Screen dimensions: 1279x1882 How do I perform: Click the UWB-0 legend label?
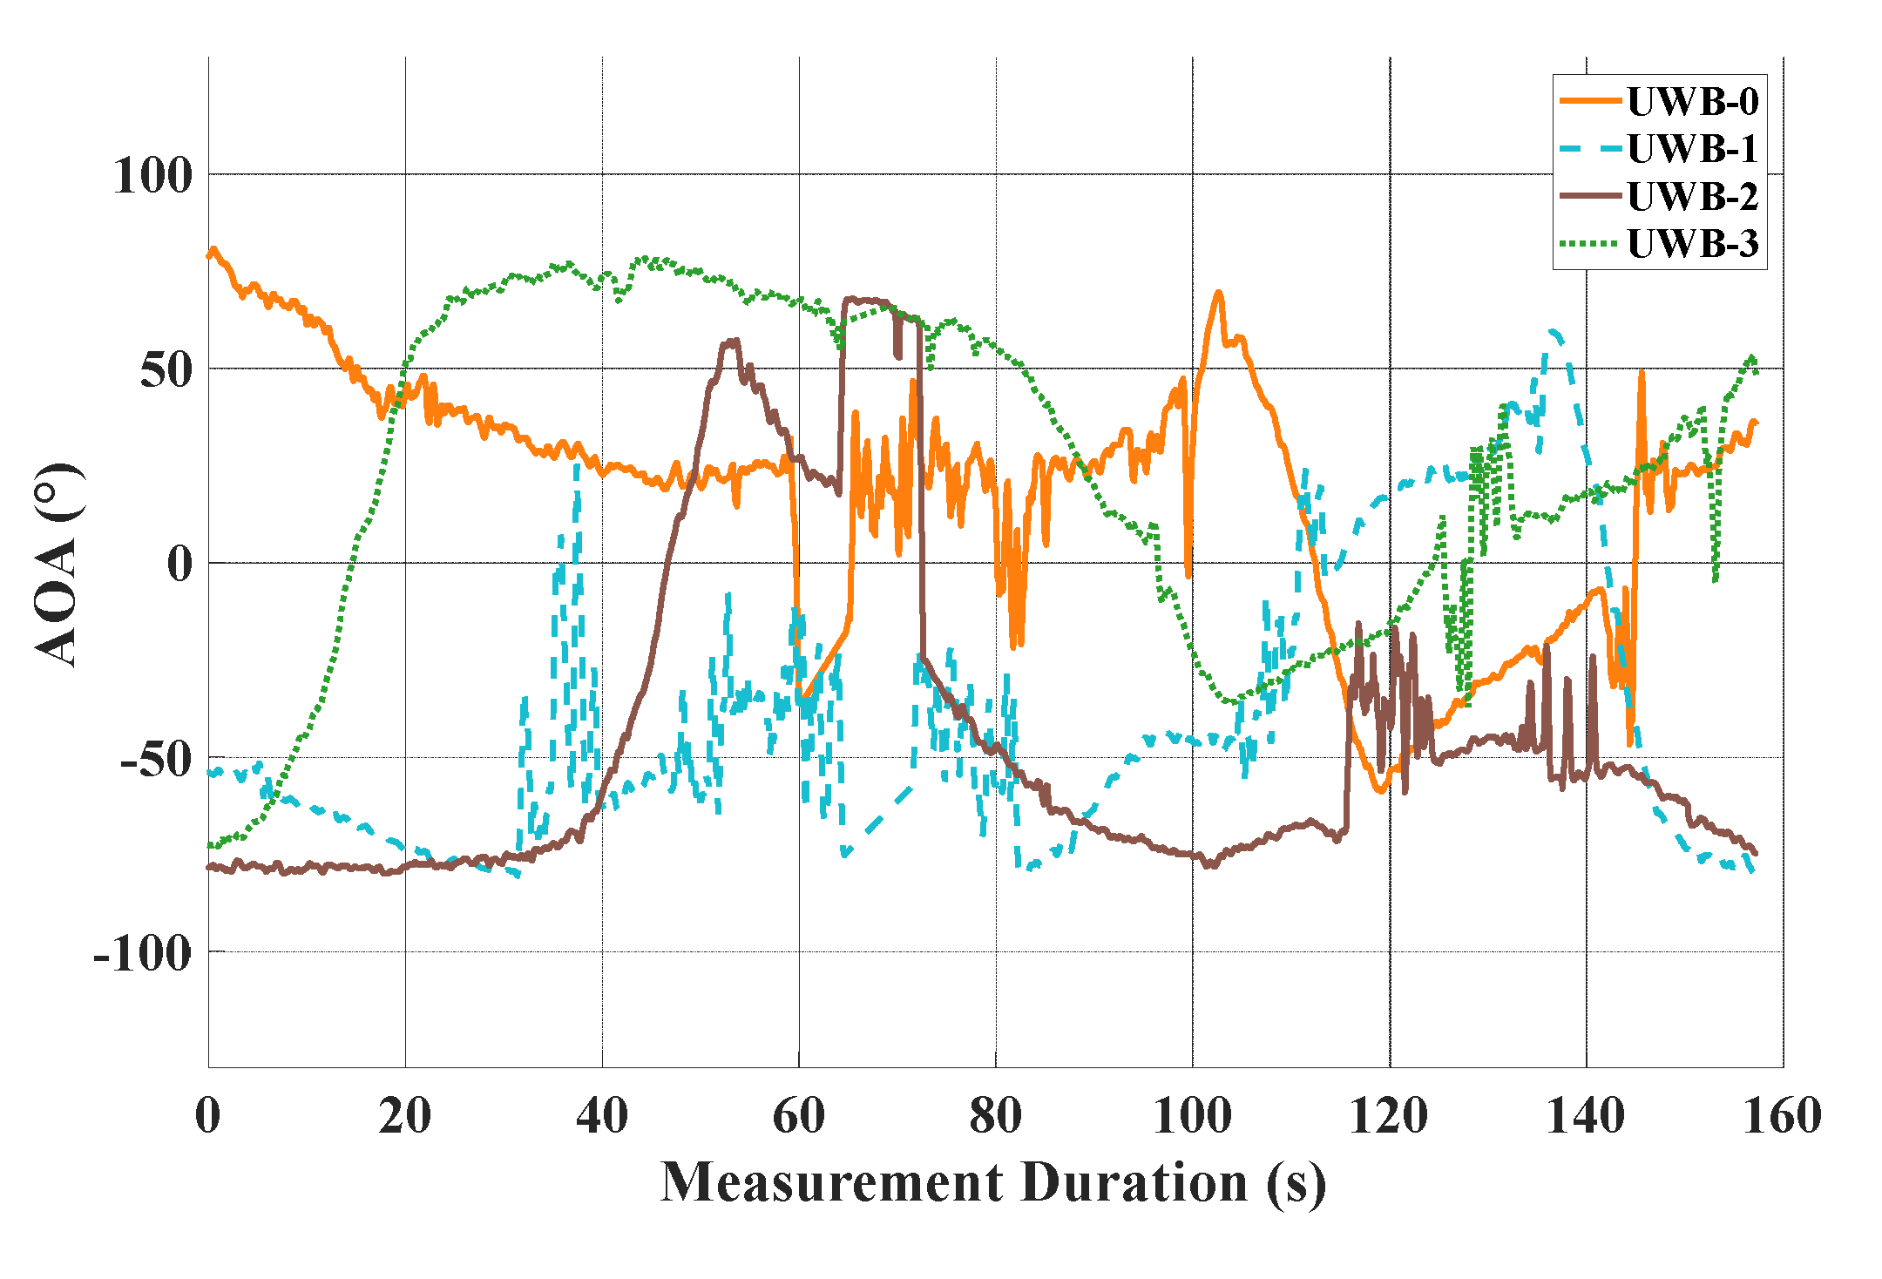point(1692,102)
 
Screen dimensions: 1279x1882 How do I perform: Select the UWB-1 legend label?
point(1692,149)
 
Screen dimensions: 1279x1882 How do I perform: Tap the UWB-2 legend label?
point(1692,197)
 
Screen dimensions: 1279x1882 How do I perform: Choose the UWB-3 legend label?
point(1692,244)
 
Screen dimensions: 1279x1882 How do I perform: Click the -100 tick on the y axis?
point(143,952)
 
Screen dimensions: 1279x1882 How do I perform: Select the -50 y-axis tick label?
point(156,760)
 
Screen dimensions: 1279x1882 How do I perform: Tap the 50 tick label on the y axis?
point(166,370)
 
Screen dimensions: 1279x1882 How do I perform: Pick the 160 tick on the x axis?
point(1783,1116)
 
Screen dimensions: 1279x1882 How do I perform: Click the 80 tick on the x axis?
point(995,1116)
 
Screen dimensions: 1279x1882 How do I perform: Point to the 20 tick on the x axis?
point(405,1116)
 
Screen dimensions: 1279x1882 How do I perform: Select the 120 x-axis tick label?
point(1389,1116)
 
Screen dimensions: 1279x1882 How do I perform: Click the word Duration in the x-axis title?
point(1134,1183)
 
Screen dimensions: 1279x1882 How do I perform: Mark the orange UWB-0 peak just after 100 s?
point(1218,293)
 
